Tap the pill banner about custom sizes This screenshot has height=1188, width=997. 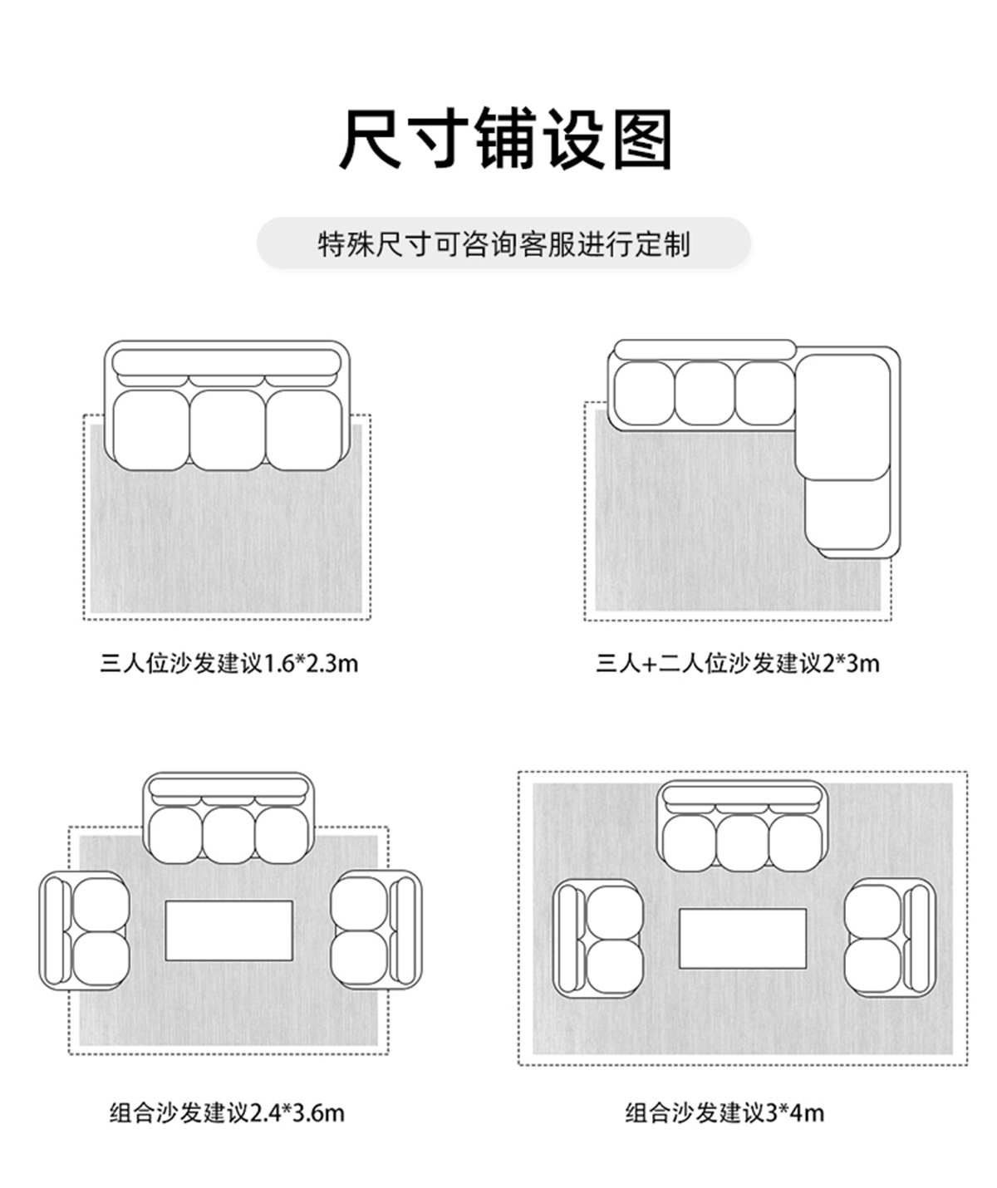(503, 244)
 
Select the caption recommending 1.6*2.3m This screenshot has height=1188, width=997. (228, 663)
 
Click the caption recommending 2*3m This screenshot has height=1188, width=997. (737, 663)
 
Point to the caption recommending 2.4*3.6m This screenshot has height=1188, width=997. (226, 1112)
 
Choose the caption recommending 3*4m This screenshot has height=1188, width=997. (724, 1112)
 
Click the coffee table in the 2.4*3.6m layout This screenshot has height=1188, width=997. (228, 930)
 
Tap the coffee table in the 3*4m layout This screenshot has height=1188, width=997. (743, 938)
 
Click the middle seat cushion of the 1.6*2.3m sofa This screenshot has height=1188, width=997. (227, 430)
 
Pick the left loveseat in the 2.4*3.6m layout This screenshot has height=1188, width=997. (85, 930)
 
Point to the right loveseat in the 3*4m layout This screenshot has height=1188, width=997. (889, 938)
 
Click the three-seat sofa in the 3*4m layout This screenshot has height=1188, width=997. (743, 827)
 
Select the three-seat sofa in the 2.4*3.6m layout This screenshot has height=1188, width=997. (228, 819)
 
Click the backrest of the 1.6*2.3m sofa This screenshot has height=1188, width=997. (227, 362)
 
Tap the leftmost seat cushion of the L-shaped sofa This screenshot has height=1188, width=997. (643, 393)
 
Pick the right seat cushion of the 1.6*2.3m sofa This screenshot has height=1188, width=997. (303, 430)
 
